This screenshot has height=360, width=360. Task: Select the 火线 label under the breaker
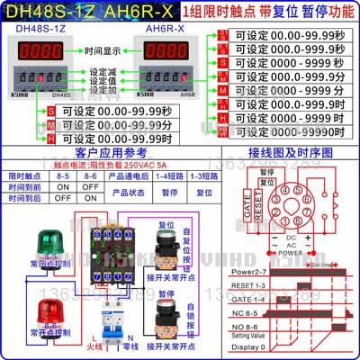(x=92, y=346)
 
